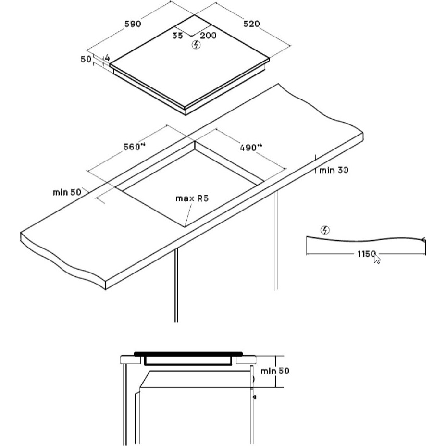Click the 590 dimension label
point(133,24)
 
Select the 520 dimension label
point(251,24)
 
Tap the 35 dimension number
point(178,36)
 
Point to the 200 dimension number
point(208,35)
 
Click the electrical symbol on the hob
point(196,45)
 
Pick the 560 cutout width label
point(135,147)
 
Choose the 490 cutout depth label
point(250,148)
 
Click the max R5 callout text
point(192,198)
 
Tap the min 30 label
point(334,170)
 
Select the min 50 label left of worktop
point(67,192)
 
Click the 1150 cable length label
point(367,253)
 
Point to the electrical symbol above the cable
point(325,230)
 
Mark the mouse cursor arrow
point(377,259)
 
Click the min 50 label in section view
point(275,371)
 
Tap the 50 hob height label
point(86,59)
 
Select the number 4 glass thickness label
point(107,58)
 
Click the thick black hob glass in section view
point(188,354)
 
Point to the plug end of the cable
point(423,240)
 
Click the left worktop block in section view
point(131,360)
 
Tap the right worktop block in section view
point(246,360)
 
